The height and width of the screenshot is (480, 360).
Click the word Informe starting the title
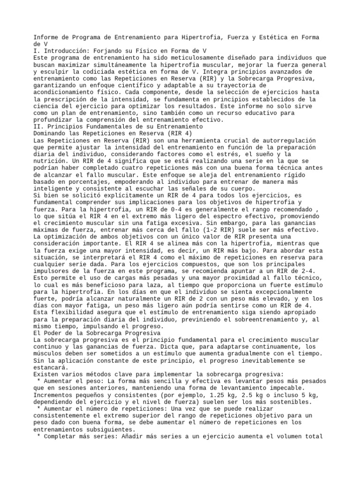pos(46,37)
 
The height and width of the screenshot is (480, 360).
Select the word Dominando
pos(49,134)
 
